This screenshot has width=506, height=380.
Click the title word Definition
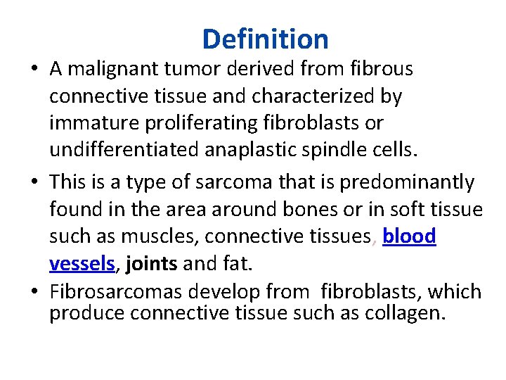(265, 39)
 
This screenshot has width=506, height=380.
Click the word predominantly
(407, 182)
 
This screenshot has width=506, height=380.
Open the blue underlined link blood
(409, 236)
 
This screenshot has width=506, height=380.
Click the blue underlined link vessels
(82, 264)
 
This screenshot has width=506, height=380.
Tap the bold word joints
(153, 264)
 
